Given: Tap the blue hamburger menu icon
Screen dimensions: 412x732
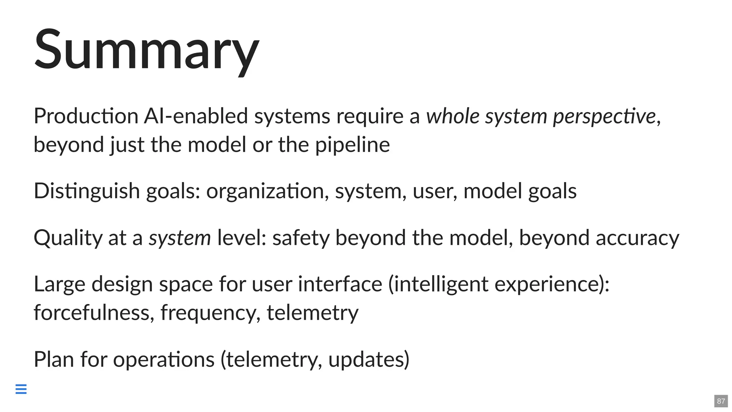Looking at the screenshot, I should point(21,389).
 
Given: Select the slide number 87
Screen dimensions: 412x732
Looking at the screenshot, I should point(721,401).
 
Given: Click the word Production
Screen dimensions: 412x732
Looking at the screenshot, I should point(86,116).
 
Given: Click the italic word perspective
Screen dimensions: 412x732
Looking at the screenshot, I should point(604,117).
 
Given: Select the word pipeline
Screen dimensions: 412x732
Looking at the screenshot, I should point(352,145).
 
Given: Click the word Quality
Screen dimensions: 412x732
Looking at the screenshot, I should point(68,238).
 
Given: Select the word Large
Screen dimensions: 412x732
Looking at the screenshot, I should point(59,285).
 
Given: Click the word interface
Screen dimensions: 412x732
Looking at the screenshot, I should point(340,284).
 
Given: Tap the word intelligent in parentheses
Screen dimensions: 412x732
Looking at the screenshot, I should point(441,285).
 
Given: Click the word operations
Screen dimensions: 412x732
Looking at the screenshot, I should point(164,359).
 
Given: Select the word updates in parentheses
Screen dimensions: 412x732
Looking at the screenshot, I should point(366,360).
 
